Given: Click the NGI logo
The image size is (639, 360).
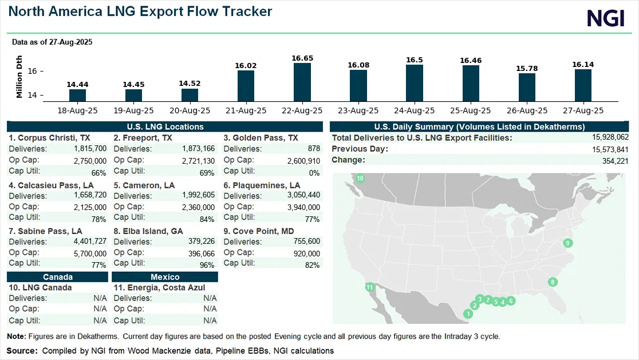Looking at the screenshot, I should click(606, 18).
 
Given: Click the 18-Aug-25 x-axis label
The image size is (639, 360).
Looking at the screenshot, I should click(77, 110).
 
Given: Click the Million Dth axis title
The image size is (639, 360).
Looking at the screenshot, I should click(19, 77).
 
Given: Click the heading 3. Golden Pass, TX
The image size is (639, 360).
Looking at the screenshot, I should click(261, 138).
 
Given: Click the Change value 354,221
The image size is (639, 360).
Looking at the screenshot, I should click(616, 160).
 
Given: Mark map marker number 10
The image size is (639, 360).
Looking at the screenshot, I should click(360, 179).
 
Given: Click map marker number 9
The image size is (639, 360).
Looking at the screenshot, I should click(568, 243).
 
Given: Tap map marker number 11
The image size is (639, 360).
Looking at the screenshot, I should click(370, 287).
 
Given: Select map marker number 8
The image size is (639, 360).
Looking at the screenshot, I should click(553, 282).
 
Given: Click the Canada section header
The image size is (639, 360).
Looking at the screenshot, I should click(57, 277).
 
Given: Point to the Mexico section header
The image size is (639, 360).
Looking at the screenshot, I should click(165, 277).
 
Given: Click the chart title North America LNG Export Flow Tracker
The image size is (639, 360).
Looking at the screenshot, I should click(140, 11).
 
